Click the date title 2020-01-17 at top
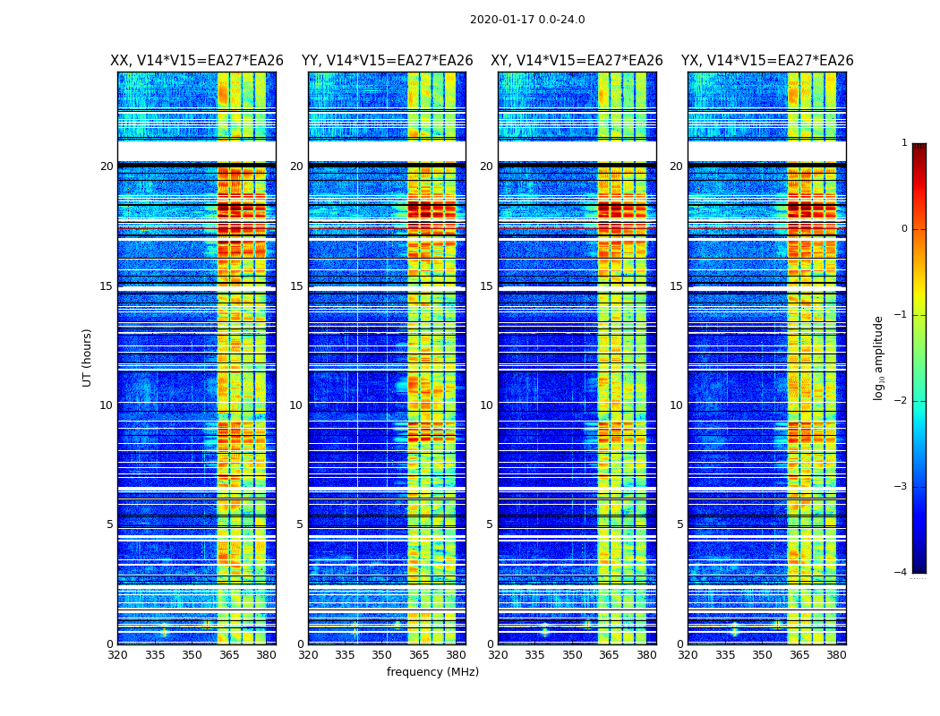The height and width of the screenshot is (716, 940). pos(527,20)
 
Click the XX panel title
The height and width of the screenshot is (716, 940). pos(197,61)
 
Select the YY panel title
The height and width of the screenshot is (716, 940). pos(387,61)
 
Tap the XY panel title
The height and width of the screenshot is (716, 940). pos(577,61)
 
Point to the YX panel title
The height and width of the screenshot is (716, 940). pos(767,61)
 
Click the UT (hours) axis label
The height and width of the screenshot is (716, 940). pos(88,357)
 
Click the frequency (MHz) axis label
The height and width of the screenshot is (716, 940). pos(432,672)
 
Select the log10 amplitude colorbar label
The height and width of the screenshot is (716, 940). pos(879,357)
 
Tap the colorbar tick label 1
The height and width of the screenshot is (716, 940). pos(904,143)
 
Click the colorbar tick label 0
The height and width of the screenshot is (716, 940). pos(904,229)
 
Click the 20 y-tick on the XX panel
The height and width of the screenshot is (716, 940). pos(107,166)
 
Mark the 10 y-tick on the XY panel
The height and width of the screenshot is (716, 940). pos(486,405)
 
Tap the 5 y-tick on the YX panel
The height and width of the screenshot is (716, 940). pos(679,524)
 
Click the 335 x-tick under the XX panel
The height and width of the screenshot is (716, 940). pos(155,655)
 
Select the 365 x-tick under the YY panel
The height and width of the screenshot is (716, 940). pos(419,655)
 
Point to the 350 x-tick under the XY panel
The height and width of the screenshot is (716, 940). pos(572,655)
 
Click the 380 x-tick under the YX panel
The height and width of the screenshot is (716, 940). pos(836,655)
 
